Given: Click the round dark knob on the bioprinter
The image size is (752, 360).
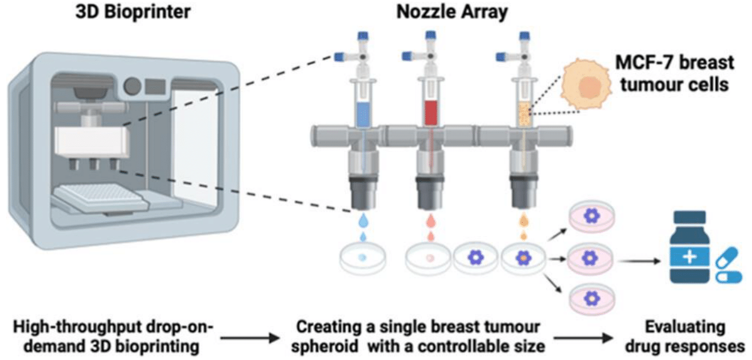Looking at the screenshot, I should click(x=133, y=86).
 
